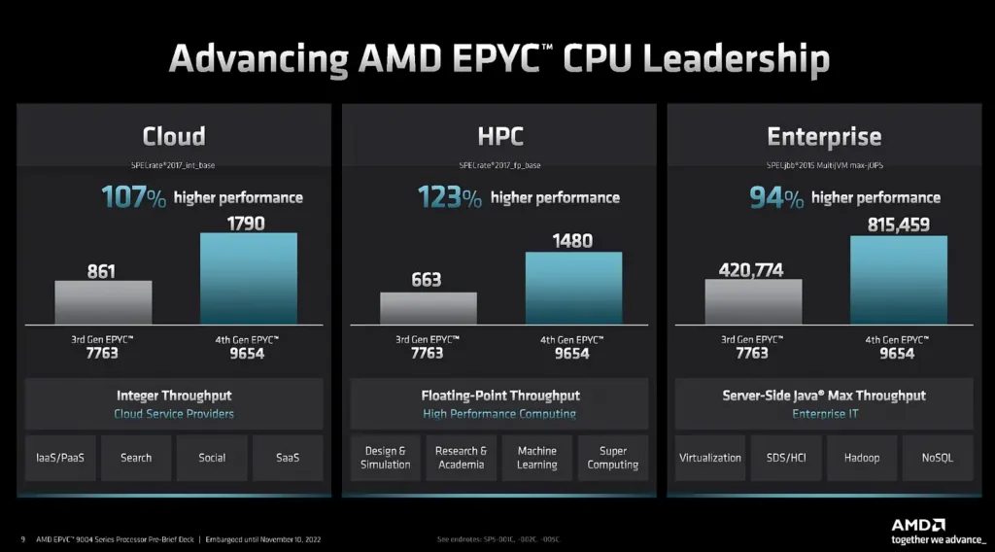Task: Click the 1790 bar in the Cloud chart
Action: point(249,278)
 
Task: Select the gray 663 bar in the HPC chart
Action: point(429,308)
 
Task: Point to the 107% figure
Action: point(134,198)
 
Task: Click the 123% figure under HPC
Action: point(450,198)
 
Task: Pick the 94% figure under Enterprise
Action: point(776,198)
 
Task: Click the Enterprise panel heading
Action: point(824,137)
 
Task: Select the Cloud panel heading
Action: point(174,136)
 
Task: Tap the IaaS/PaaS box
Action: point(60,458)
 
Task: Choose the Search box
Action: point(136,458)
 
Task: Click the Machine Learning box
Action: point(537,458)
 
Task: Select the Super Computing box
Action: point(613,458)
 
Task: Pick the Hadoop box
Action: point(862,458)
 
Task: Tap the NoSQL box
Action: point(938,458)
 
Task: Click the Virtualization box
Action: point(710,458)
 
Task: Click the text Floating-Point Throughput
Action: point(500,396)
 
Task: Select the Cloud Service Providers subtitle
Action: point(174,414)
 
